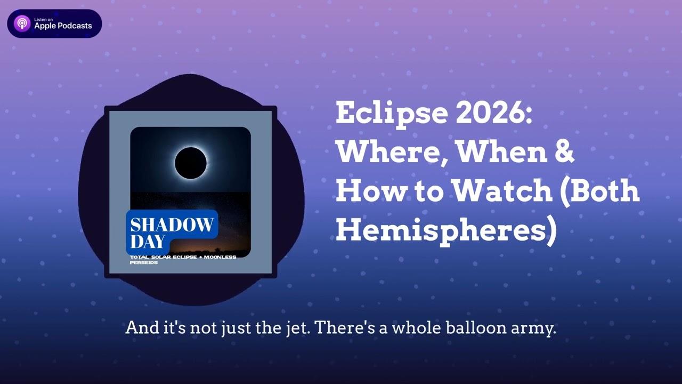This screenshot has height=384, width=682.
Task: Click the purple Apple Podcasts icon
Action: [x=22, y=23]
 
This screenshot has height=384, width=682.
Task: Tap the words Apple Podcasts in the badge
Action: [x=63, y=26]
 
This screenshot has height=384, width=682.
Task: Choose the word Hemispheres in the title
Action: [x=440, y=231]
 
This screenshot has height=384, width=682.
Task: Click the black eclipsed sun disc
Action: [x=191, y=163]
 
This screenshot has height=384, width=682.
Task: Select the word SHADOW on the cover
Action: [x=172, y=225]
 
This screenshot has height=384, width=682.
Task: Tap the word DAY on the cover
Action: [x=148, y=242]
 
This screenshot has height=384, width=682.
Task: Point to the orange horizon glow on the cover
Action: [x=210, y=247]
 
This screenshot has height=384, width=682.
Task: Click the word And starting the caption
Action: [x=142, y=328]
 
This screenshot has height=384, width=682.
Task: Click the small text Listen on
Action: [x=44, y=20]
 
